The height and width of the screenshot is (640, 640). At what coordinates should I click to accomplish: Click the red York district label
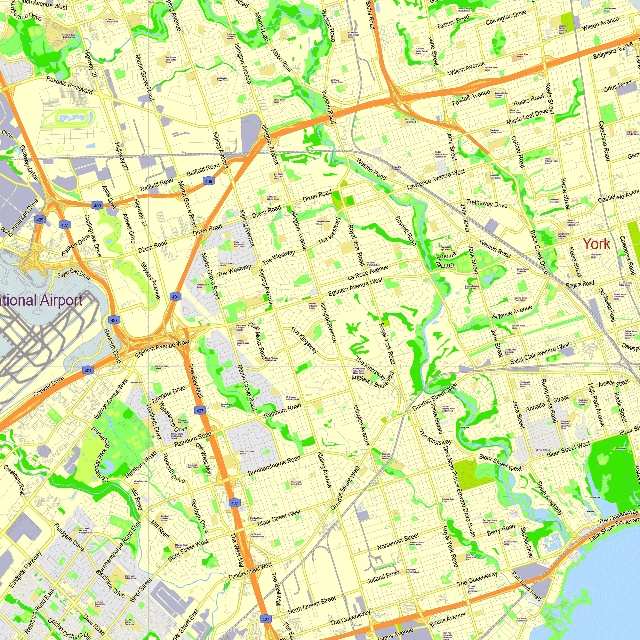596,244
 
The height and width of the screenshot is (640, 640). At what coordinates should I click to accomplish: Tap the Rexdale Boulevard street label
69,85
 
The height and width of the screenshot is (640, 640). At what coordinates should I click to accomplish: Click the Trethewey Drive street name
487,203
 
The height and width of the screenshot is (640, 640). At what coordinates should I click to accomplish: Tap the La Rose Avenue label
368,272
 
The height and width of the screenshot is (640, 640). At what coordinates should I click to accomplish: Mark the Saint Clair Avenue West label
540,354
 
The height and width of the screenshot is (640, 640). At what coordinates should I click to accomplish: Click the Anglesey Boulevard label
370,382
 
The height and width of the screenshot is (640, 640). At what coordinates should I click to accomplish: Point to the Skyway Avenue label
150,280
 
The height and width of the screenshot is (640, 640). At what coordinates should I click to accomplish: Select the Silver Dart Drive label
74,274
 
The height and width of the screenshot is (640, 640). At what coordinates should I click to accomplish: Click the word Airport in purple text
61,300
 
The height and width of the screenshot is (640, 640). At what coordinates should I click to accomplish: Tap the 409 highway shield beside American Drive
40,220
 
